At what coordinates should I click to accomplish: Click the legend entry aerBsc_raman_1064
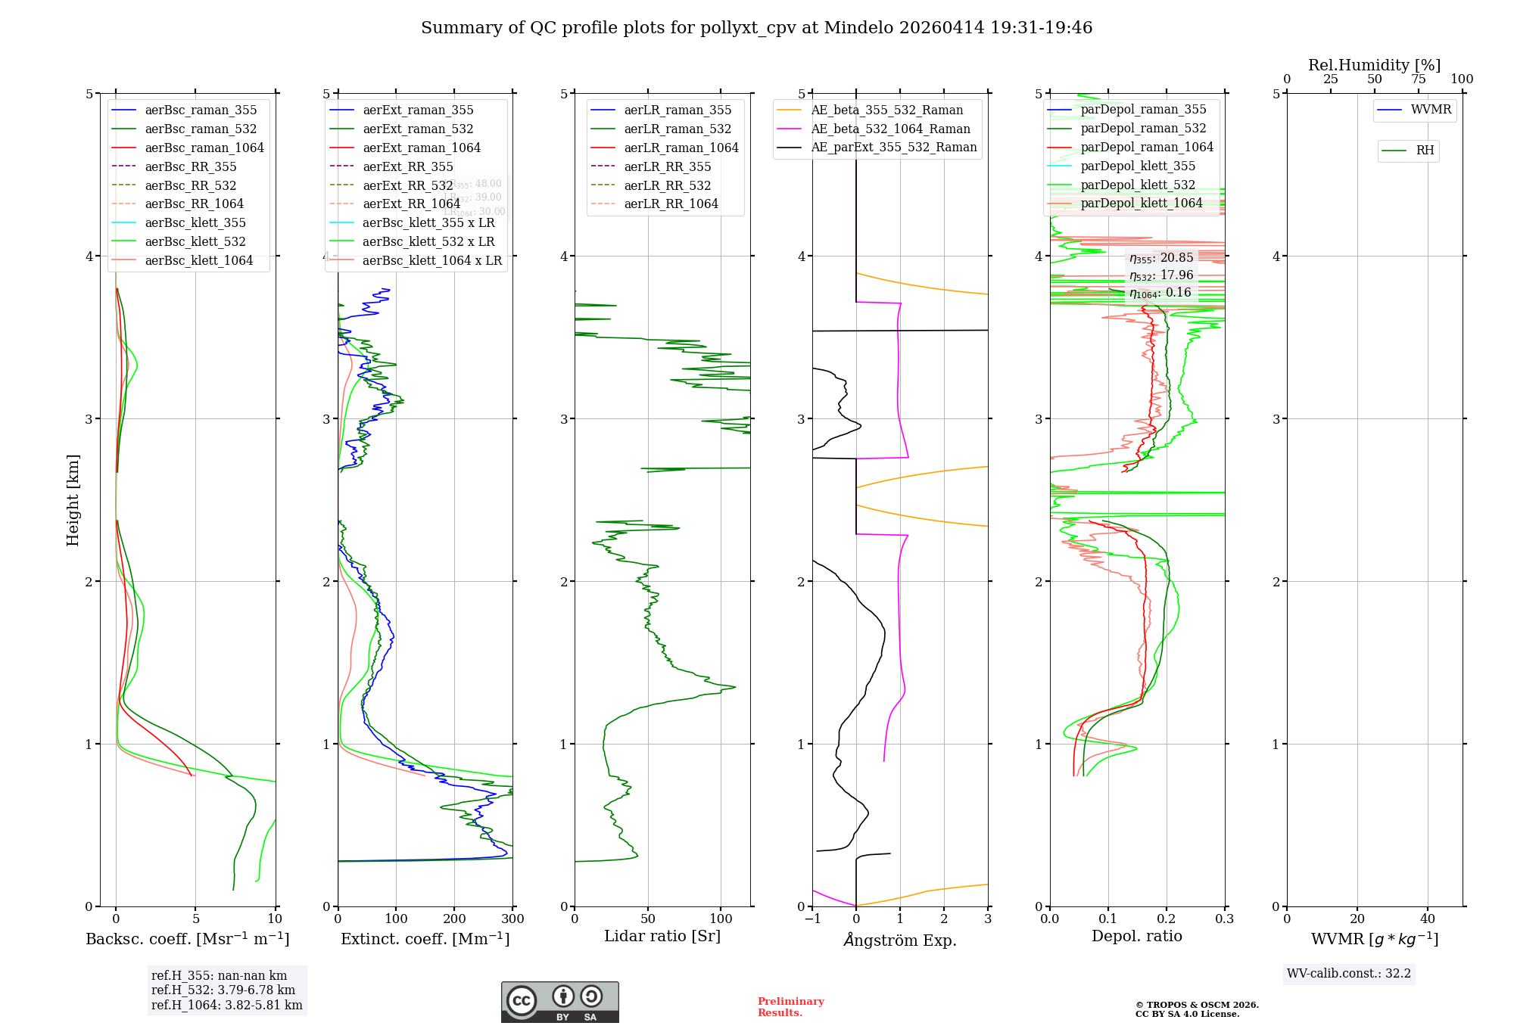(204, 148)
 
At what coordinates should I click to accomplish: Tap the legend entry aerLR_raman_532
(678, 129)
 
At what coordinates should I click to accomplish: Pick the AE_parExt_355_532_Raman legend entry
(893, 147)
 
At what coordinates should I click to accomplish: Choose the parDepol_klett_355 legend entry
(1138, 166)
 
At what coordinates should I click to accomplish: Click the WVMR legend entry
(1431, 110)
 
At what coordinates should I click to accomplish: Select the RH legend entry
(1425, 151)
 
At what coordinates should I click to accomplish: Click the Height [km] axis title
(73, 500)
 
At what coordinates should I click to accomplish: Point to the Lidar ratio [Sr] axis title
(662, 936)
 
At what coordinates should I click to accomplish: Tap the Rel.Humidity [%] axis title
(1374, 65)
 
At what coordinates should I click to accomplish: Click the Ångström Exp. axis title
(900, 940)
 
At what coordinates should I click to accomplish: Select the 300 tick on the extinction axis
(513, 919)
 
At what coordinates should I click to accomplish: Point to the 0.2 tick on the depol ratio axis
(1167, 919)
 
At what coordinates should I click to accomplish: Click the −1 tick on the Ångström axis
(812, 919)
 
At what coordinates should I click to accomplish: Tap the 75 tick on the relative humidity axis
(1418, 79)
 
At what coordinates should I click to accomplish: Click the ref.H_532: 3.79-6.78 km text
(223, 990)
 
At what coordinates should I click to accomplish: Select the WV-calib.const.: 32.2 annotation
(1349, 973)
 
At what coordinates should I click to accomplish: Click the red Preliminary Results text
(790, 1006)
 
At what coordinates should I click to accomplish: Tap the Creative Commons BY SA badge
(559, 1002)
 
